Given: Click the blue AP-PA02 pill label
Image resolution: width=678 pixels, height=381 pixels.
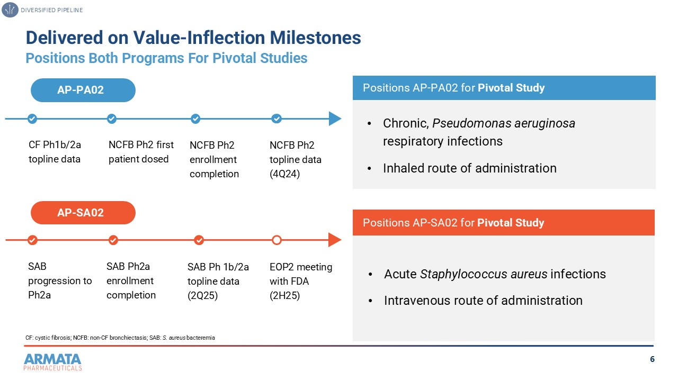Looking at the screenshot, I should click(83, 90).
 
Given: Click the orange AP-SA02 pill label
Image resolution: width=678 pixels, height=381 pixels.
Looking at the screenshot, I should click(83, 213).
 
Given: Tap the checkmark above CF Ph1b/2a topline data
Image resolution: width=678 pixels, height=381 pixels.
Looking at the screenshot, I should click(32, 119).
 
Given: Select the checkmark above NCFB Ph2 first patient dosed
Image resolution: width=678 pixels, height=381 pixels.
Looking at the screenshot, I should click(112, 119).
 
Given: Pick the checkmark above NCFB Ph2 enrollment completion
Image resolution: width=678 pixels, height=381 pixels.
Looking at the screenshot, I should click(195, 119).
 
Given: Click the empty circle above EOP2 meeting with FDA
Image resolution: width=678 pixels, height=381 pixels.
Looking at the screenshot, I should click(276, 240).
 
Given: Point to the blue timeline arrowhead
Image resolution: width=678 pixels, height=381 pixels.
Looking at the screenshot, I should click(335, 119).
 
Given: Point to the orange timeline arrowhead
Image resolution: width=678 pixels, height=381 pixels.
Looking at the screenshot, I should click(335, 240).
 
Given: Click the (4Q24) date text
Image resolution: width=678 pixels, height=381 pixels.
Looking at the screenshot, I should click(285, 174).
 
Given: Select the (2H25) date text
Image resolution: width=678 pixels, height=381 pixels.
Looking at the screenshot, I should click(285, 295).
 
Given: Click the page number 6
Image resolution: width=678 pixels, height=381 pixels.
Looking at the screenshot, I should click(652, 360).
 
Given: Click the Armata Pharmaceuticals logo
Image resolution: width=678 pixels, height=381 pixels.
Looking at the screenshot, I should click(52, 361).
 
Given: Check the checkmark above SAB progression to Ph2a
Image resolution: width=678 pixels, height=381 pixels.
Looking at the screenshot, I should click(32, 240).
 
